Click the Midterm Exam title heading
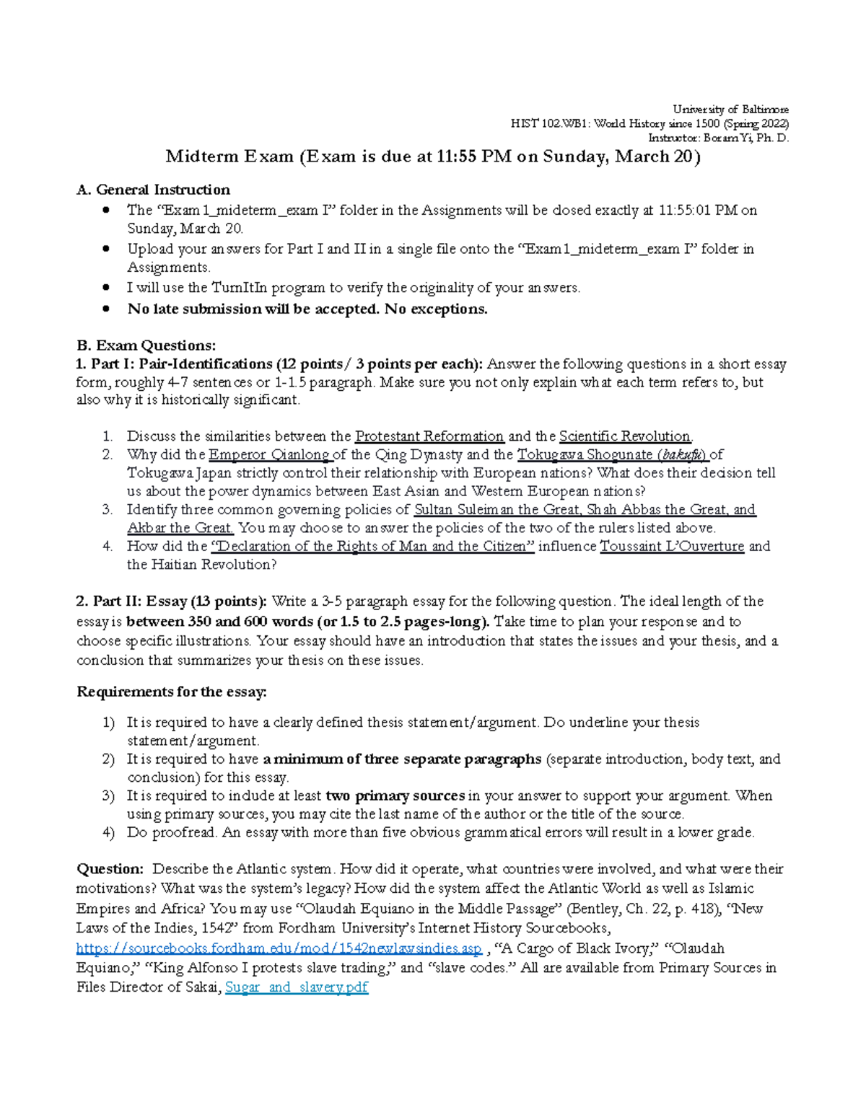[x=433, y=156]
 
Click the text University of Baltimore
[x=730, y=110]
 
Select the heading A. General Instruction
[x=153, y=190]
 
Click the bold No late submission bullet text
[x=307, y=309]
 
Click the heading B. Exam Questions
[x=146, y=345]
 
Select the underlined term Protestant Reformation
[x=429, y=436]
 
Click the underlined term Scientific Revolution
[x=625, y=436]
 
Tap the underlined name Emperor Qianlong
[x=268, y=455]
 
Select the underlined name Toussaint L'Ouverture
[x=672, y=547]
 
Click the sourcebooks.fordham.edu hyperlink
[x=279, y=948]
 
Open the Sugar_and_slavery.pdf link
[x=297, y=987]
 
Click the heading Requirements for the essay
[x=172, y=692]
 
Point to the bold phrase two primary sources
[x=395, y=796]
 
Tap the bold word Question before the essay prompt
[x=110, y=869]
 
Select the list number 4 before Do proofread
[x=108, y=833]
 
